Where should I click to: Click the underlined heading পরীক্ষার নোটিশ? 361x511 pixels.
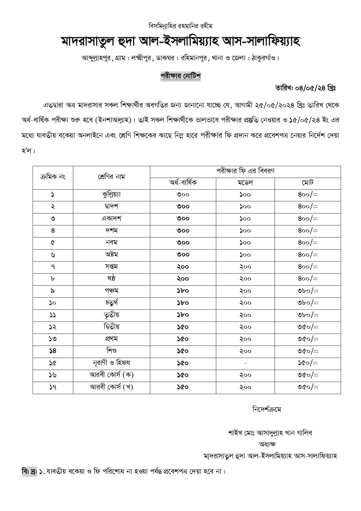180,76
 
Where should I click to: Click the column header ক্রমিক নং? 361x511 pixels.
53,177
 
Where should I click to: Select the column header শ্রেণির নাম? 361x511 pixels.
111,177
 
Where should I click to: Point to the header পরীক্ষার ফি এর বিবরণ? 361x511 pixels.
245,171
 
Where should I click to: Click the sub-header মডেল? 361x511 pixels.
245,183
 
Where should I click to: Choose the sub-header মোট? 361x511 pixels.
307,183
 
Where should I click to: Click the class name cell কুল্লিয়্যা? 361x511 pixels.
111,195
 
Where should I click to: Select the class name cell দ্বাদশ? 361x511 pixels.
111,206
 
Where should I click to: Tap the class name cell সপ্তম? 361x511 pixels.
111,267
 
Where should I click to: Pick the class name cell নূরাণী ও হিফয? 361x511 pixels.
111,363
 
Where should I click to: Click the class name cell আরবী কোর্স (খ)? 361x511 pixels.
111,387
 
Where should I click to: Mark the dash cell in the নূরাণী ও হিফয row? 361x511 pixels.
245,363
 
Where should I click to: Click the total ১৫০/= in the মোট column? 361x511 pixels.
307,363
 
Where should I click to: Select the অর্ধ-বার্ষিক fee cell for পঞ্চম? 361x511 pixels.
183,291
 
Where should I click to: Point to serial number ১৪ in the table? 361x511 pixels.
53,351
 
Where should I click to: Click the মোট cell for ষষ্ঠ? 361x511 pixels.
307,279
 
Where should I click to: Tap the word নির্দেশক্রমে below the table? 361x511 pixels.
266,409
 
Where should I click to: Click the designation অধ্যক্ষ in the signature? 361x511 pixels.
267,444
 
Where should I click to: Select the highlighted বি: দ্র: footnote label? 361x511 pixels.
29,471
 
